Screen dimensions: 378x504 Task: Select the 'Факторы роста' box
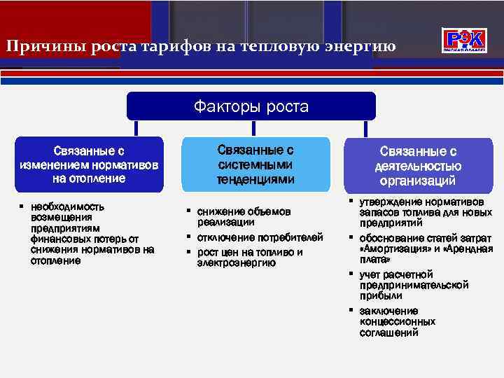(251, 106)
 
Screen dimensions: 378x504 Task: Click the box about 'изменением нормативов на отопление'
(89, 164)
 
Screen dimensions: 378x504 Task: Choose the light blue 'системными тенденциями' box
(255, 164)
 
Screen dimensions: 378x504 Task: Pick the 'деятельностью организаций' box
(418, 166)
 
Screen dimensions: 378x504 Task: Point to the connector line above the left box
(136, 128)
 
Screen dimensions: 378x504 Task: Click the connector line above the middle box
(253, 128)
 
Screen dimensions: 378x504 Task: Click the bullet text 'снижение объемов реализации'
(243, 216)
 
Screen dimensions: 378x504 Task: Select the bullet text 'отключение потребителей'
(260, 237)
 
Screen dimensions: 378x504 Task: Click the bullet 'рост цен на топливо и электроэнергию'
(249, 258)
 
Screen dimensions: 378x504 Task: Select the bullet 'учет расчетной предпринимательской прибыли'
(413, 285)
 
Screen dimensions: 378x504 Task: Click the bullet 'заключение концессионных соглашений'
(397, 321)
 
